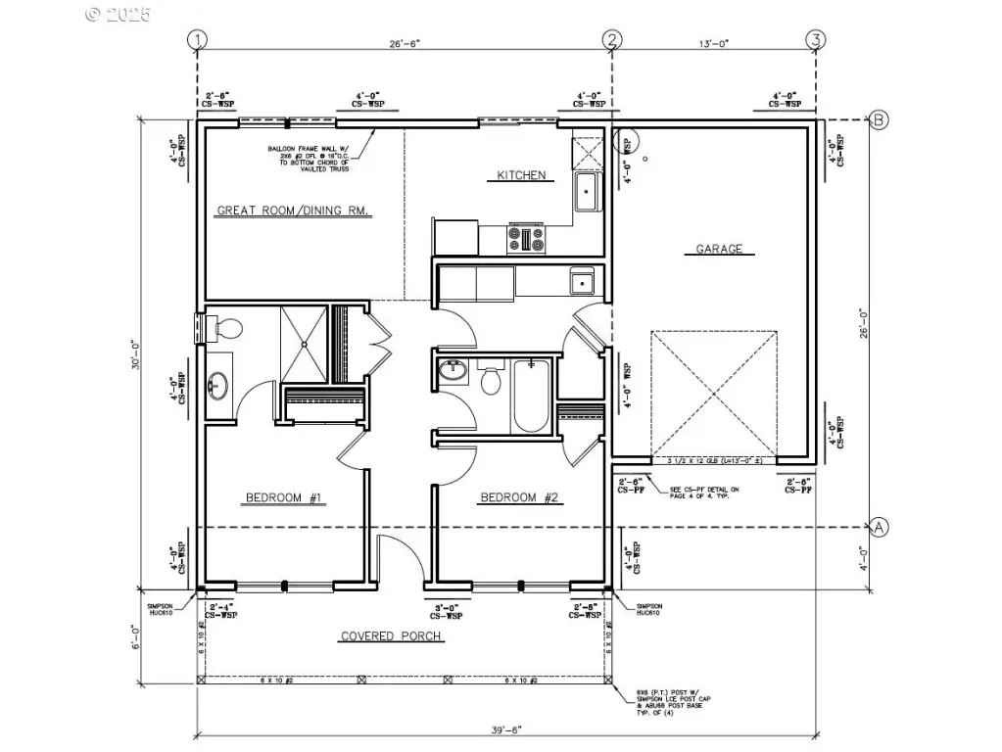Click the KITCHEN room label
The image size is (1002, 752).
[520, 175]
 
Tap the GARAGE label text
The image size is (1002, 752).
[719, 249]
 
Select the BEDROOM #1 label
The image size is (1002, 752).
[284, 498]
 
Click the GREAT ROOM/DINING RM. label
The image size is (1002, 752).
[292, 211]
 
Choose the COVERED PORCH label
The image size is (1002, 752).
[391, 636]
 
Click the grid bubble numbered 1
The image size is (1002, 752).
[199, 39]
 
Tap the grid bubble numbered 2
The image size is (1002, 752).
[612, 39]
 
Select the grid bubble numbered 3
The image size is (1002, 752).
[814, 39]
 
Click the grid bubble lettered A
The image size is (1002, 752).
[879, 527]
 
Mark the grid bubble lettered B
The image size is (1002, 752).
[879, 120]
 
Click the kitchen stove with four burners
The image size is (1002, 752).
[526, 239]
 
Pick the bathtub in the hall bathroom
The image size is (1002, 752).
[530, 395]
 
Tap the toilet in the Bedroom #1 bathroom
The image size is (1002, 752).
[226, 330]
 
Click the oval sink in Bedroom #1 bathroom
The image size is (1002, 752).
[217, 388]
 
